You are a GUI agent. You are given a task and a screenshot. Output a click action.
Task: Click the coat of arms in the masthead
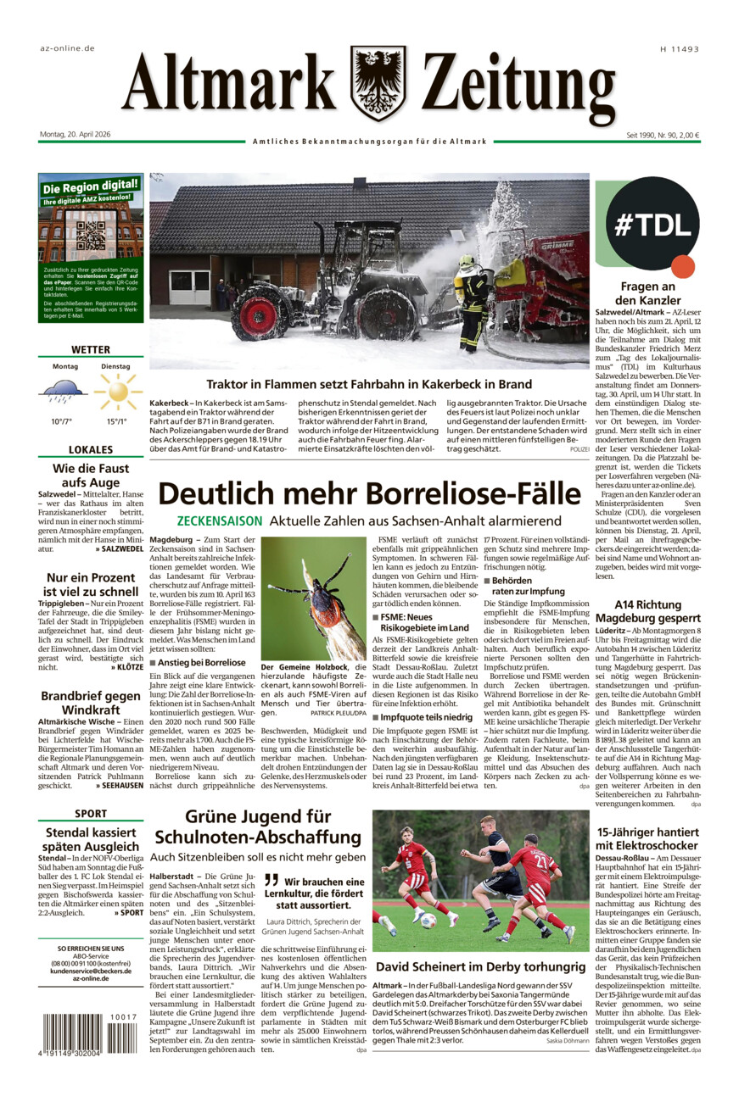tap(378, 83)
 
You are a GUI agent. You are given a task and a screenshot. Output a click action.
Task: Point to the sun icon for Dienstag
tap(116, 392)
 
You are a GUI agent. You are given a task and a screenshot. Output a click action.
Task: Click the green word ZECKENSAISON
tap(219, 520)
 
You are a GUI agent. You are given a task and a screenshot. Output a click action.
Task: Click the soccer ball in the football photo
tap(428, 920)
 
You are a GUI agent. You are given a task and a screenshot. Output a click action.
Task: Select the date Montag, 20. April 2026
tap(76, 134)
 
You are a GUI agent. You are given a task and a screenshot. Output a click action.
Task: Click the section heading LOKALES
tap(91, 450)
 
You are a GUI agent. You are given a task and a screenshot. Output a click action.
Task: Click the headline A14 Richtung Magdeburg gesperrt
tap(650, 612)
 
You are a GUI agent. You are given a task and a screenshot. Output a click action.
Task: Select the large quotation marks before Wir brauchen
tap(271, 881)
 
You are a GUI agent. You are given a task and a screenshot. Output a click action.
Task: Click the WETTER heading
tap(91, 349)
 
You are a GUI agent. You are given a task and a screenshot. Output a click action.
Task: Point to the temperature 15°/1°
tap(116, 421)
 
